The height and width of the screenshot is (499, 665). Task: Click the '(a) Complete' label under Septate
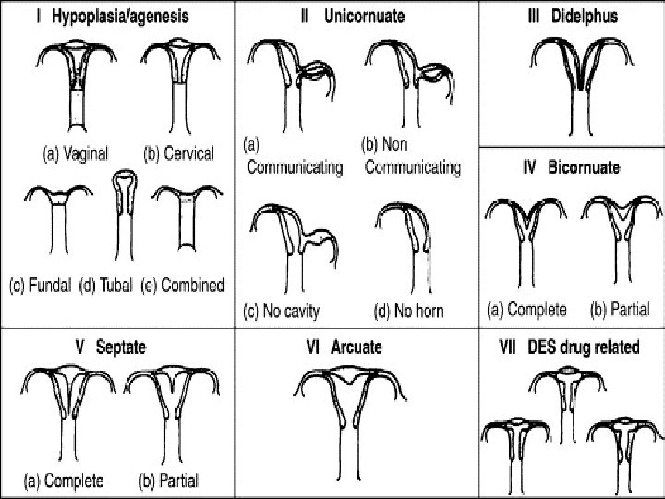tap(64, 481)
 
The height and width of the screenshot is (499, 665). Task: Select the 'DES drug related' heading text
tap(590, 347)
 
